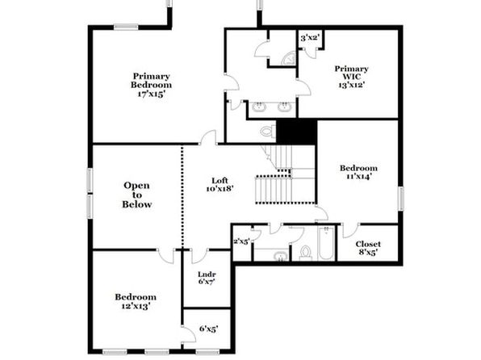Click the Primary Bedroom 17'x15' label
(x=151, y=85)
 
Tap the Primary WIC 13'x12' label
(x=352, y=77)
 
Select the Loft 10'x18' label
(x=220, y=185)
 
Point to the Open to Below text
(x=137, y=195)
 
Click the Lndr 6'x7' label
(x=207, y=278)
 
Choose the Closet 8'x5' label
(x=368, y=248)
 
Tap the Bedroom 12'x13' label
(x=136, y=301)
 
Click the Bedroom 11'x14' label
(x=358, y=172)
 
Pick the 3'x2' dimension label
(x=311, y=38)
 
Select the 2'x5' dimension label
(x=242, y=241)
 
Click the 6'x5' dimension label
(x=208, y=329)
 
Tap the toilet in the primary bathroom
(x=268, y=132)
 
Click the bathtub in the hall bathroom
(x=326, y=243)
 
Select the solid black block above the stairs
(x=296, y=132)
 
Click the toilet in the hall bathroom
(x=305, y=253)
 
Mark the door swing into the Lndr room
(x=199, y=256)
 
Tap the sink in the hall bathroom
(x=280, y=256)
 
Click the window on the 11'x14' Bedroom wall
(x=400, y=199)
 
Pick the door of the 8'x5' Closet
(x=350, y=231)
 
